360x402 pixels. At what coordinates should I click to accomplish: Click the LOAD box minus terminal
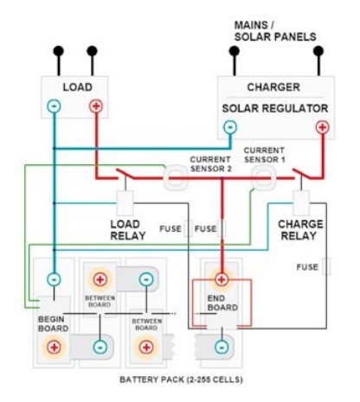coord(54,106)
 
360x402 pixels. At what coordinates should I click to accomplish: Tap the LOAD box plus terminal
coord(96,106)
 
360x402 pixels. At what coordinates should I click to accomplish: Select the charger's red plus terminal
coord(322,127)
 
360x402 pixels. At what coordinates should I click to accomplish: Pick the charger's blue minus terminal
coord(230,127)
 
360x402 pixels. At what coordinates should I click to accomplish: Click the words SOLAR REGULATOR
coord(275,109)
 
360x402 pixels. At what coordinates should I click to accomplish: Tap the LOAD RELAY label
coord(127,230)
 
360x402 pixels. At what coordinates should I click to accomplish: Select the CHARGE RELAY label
coord(300,230)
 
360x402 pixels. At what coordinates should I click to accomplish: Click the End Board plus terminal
coord(222,279)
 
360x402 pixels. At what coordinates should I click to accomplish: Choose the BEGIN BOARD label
coord(54,324)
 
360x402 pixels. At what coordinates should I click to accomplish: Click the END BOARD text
coord(222,303)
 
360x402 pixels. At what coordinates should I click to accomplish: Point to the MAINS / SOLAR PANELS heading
coord(275,31)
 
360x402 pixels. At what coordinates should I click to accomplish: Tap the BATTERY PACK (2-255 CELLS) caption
coord(181,380)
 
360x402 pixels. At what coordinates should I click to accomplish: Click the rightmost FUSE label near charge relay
coord(307,267)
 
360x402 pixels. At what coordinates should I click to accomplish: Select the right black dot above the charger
coord(318,51)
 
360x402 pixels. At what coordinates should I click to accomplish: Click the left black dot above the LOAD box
coord(59,51)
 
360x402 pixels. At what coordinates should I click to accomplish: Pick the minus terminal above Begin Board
coord(54,279)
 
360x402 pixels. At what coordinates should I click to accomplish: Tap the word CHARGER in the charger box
coord(273,87)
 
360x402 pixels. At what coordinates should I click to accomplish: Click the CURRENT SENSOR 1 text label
coord(265,155)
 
